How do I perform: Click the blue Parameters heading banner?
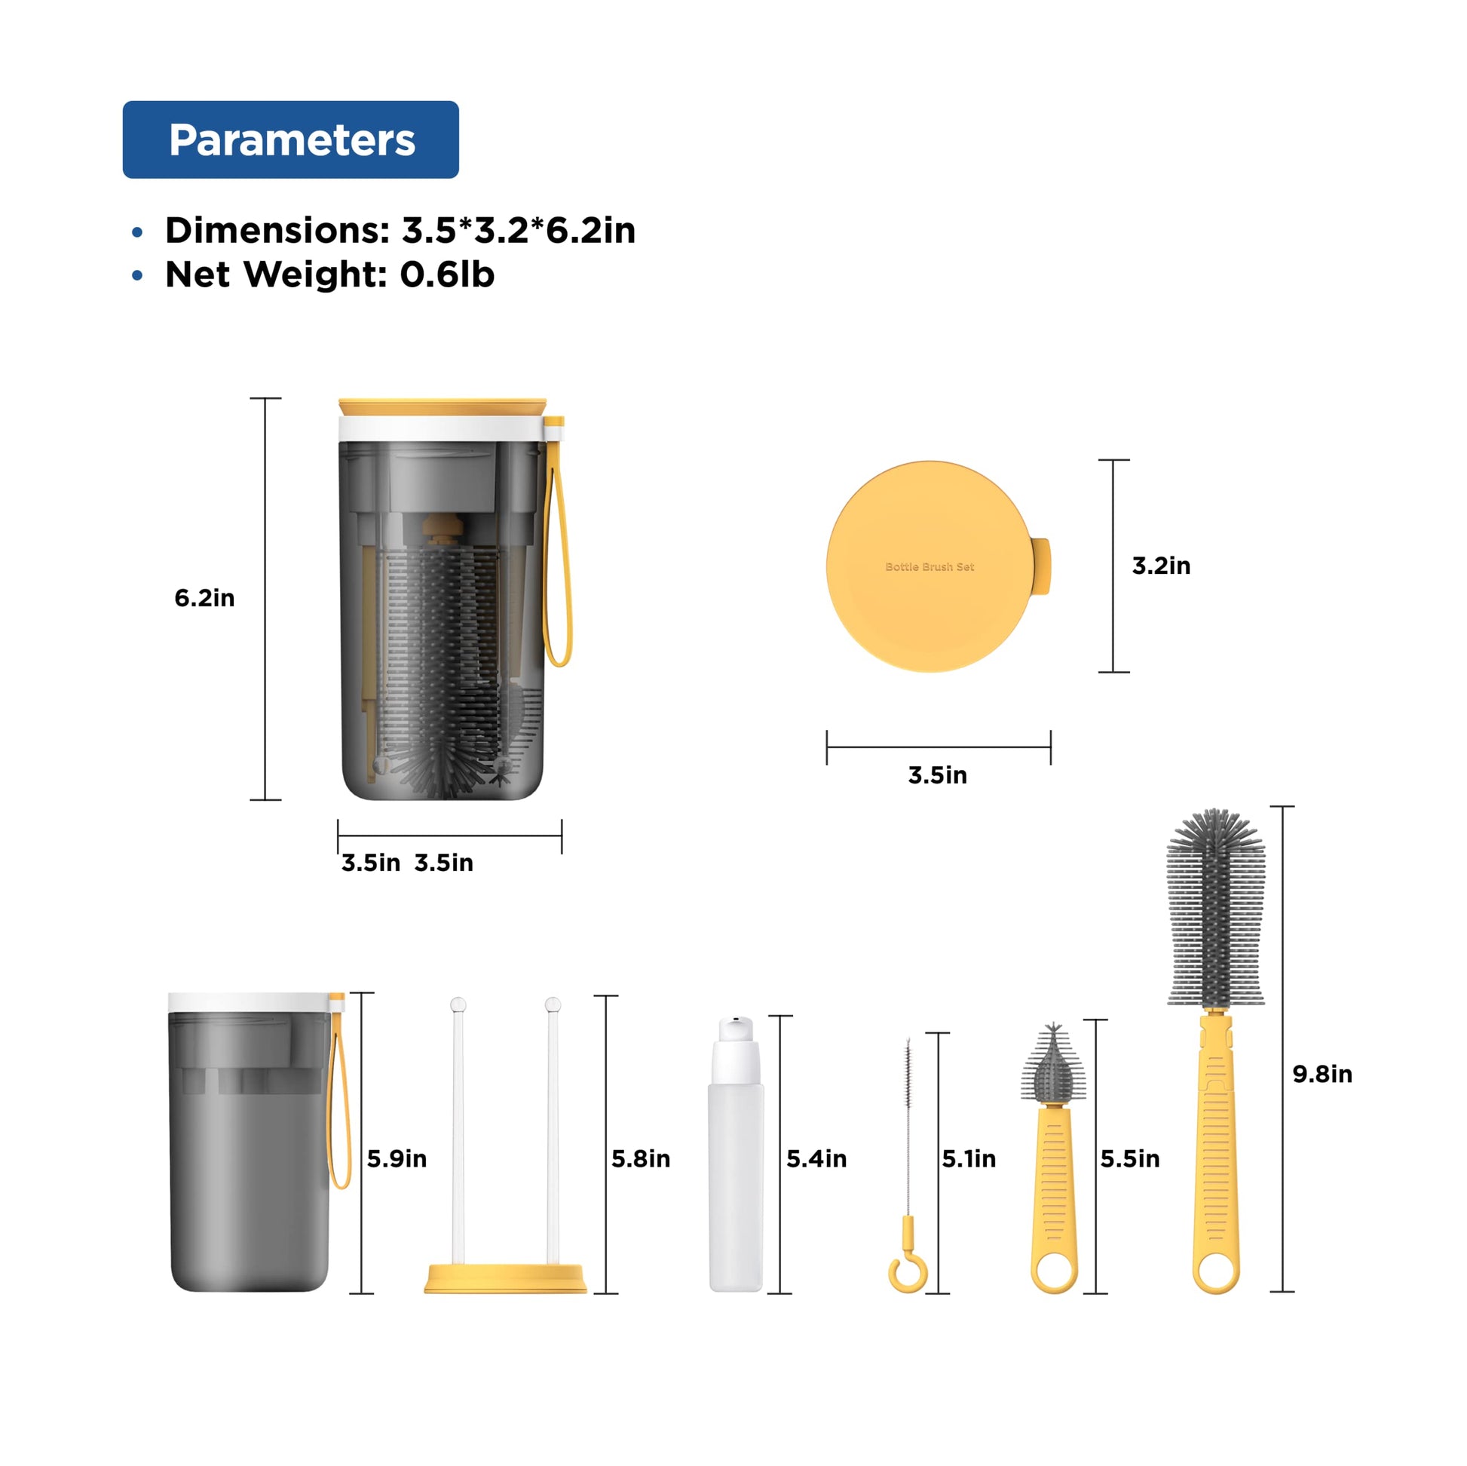(291, 140)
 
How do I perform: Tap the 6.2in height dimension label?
(204, 598)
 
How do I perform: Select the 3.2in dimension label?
(1161, 565)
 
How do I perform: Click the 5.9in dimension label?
(397, 1158)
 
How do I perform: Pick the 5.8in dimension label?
(641, 1158)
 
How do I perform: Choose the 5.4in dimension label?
(816, 1158)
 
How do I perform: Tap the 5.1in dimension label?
(969, 1158)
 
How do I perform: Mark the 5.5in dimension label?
(1130, 1158)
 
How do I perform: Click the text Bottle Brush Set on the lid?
(930, 566)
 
